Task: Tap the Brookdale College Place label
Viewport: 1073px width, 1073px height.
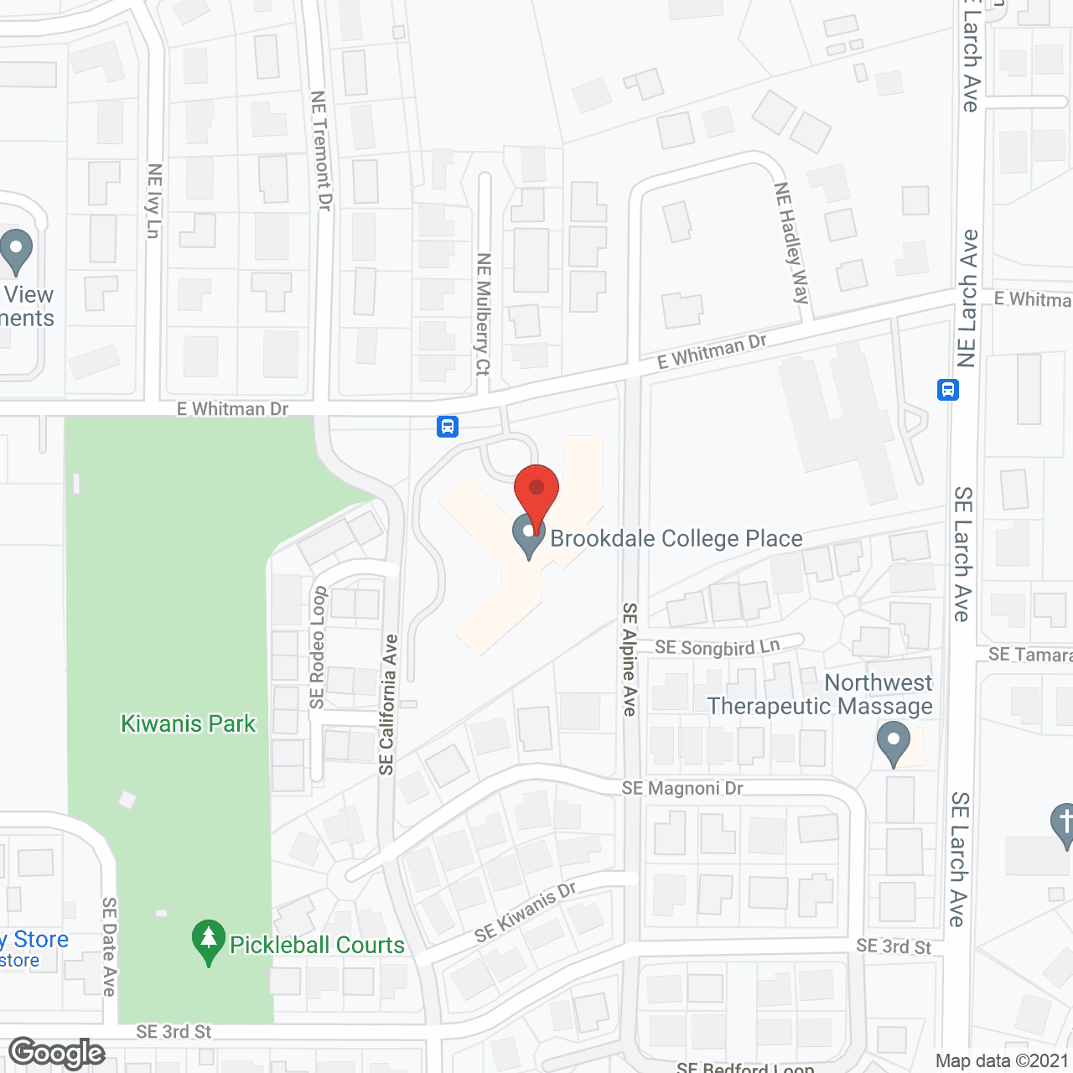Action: (x=676, y=538)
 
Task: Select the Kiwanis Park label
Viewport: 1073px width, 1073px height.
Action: (x=188, y=723)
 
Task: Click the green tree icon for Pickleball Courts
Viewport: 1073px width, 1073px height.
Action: (x=209, y=942)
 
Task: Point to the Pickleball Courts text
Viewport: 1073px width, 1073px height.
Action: (x=317, y=945)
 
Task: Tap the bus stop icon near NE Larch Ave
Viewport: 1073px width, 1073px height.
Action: (x=948, y=390)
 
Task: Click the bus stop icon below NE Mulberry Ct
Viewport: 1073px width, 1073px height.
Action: (x=448, y=427)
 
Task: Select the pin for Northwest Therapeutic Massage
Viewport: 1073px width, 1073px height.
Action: (x=893, y=744)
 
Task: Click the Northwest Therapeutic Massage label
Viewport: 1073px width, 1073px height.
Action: (x=820, y=694)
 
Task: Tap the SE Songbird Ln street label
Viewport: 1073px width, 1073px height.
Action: (x=718, y=647)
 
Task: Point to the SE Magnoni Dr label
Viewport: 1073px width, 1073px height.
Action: (x=682, y=788)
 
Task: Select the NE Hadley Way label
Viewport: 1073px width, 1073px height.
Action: (x=792, y=242)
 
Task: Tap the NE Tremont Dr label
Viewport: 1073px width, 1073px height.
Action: (x=321, y=151)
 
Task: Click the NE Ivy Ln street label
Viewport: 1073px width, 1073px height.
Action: (x=153, y=201)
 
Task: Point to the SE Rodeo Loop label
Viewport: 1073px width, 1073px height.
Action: (x=317, y=648)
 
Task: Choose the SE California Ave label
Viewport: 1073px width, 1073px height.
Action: (x=387, y=704)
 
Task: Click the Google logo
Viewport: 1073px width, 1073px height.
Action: (x=57, y=1053)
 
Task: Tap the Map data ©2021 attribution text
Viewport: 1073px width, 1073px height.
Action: (x=1002, y=1061)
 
